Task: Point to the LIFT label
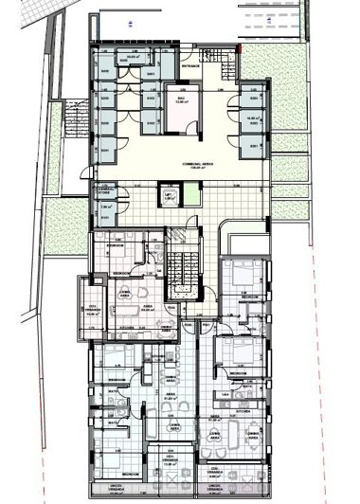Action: click(171, 194)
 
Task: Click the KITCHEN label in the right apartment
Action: click(242, 412)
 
